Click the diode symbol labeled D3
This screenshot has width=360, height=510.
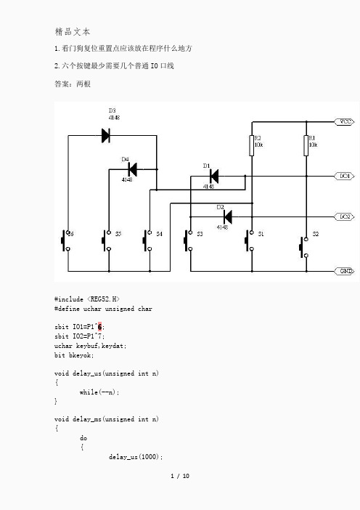coord(105,135)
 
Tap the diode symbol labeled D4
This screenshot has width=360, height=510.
coord(132,169)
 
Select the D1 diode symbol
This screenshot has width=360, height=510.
coord(214,177)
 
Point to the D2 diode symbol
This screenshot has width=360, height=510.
coord(227,216)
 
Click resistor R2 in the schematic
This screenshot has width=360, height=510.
coord(251,146)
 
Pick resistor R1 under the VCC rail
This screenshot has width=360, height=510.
coord(306,146)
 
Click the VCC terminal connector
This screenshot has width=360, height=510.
coord(345,121)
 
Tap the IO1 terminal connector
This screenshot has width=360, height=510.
coord(345,176)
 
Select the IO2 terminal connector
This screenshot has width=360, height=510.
coord(345,216)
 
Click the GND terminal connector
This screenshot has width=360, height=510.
coord(345,271)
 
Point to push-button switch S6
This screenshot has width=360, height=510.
coord(65,240)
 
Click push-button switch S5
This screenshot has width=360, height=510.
coord(106,240)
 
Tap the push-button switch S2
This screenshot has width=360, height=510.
coord(304,247)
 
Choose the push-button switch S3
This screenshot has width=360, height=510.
coord(188,240)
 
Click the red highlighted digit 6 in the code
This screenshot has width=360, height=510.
coord(99,326)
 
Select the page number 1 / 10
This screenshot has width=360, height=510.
coord(180,476)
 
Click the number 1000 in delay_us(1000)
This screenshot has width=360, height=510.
coord(149,457)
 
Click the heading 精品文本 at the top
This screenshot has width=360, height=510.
coord(73,31)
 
